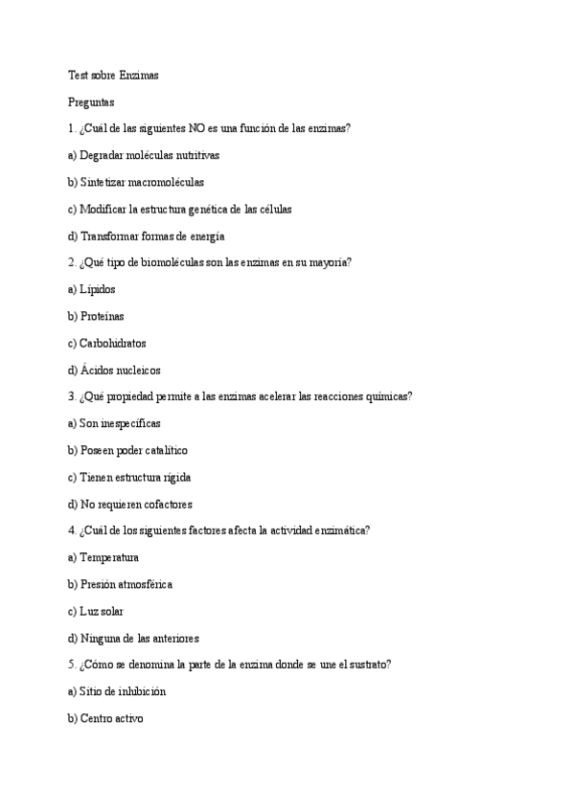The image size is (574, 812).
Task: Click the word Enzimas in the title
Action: pos(139,74)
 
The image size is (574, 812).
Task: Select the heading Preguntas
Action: pos(91,101)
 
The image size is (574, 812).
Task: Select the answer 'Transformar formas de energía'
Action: pos(153,236)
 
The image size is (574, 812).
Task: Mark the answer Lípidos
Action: pos(97,289)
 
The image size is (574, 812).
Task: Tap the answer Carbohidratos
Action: pos(112,343)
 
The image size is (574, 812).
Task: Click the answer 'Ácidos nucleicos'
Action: pos(120,370)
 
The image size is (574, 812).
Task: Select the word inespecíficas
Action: pos(129,423)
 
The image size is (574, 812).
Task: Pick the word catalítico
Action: pos(164,450)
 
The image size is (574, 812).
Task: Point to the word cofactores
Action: pos(165,504)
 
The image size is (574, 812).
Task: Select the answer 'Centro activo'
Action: pos(111,718)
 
